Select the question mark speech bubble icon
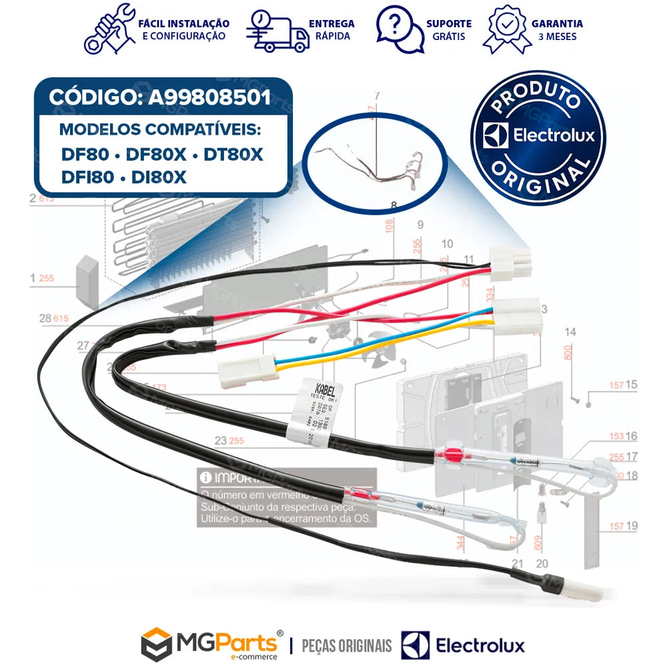[399, 29]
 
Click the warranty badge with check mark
[507, 29]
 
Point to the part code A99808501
[209, 97]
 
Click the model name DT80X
[233, 155]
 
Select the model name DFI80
[87, 178]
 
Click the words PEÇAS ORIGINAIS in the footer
[347, 646]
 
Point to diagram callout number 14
[570, 331]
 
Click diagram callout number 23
[220, 440]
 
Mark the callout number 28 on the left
[45, 319]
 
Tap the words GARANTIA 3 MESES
[556, 29]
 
